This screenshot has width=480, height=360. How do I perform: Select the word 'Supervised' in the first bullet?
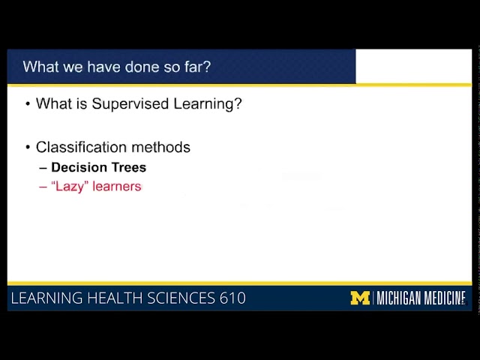[x=126, y=104]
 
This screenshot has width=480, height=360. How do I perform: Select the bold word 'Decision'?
[x=79, y=167]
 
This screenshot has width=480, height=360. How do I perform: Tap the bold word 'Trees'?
[x=128, y=167]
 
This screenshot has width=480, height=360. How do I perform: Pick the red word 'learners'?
[x=117, y=187]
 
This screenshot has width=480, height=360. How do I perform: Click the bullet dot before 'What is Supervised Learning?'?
[x=28, y=104]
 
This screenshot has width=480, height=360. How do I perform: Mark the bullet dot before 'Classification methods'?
[x=28, y=147]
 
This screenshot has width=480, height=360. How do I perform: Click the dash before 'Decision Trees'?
[x=43, y=167]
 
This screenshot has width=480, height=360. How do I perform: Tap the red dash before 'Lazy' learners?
[x=43, y=187]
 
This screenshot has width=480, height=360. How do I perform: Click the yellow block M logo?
[x=360, y=298]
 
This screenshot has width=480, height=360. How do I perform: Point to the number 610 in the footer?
[x=232, y=298]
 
